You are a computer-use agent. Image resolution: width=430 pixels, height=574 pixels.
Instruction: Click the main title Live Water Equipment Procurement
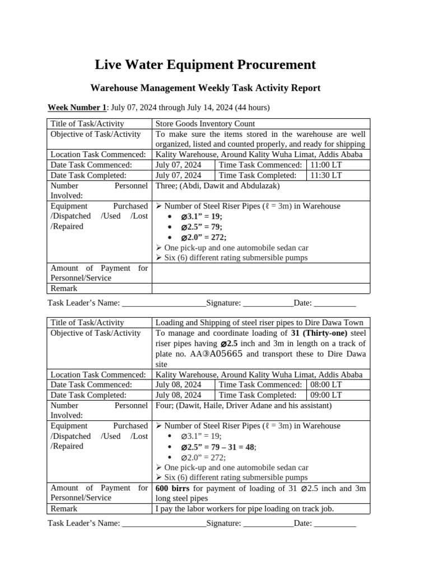(205, 65)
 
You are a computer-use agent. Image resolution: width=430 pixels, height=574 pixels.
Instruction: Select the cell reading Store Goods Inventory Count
(205, 123)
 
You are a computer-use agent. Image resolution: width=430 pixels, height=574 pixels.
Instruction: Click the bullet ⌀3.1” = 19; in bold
(201, 216)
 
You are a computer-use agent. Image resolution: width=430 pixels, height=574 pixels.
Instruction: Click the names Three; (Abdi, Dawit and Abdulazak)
(217, 186)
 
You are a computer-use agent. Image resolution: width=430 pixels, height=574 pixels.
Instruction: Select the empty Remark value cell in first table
(260, 288)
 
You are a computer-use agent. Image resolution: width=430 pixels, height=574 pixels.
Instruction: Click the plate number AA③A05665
(216, 354)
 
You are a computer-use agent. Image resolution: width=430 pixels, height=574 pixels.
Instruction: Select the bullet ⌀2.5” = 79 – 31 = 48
(218, 447)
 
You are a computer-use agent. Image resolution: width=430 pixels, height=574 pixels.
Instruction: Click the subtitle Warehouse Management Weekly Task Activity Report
(205, 88)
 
